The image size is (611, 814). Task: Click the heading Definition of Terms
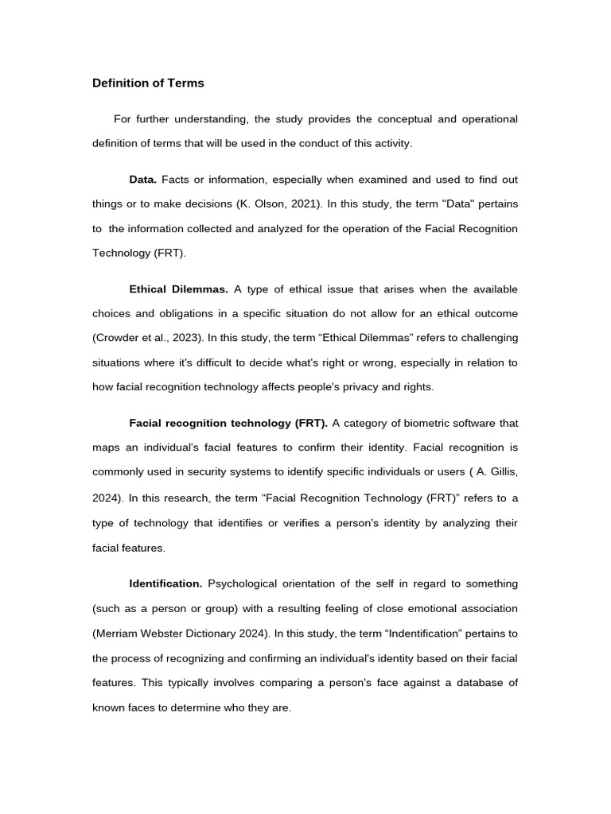pyautogui.click(x=148, y=83)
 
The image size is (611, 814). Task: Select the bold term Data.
pyautogui.click(x=143, y=180)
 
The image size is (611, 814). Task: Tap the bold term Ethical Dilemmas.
pyautogui.click(x=179, y=289)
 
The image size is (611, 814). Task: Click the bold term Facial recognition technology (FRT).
pyautogui.click(x=228, y=423)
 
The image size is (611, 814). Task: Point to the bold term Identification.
pyautogui.click(x=166, y=583)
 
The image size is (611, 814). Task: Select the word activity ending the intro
pyautogui.click(x=392, y=144)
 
